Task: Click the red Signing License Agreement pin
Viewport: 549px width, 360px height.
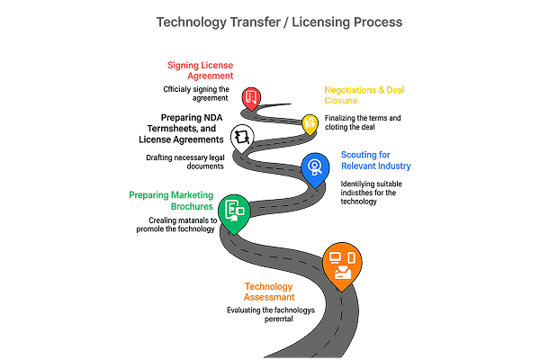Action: (253, 98)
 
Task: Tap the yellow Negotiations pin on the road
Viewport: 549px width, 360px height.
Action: (310, 123)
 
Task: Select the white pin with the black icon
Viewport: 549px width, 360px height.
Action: (242, 138)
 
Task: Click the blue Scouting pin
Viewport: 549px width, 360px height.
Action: (314, 166)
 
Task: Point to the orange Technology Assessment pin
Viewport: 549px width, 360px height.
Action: (342, 265)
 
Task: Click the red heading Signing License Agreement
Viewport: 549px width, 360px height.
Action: (200, 70)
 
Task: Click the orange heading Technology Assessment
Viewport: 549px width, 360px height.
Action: (269, 292)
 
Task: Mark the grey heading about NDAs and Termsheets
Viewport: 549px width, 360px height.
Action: (181, 128)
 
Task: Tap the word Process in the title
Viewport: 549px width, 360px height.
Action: (371, 21)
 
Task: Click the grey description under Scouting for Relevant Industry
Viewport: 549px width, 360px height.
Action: (370, 193)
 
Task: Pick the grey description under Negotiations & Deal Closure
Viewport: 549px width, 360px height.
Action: (362, 121)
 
